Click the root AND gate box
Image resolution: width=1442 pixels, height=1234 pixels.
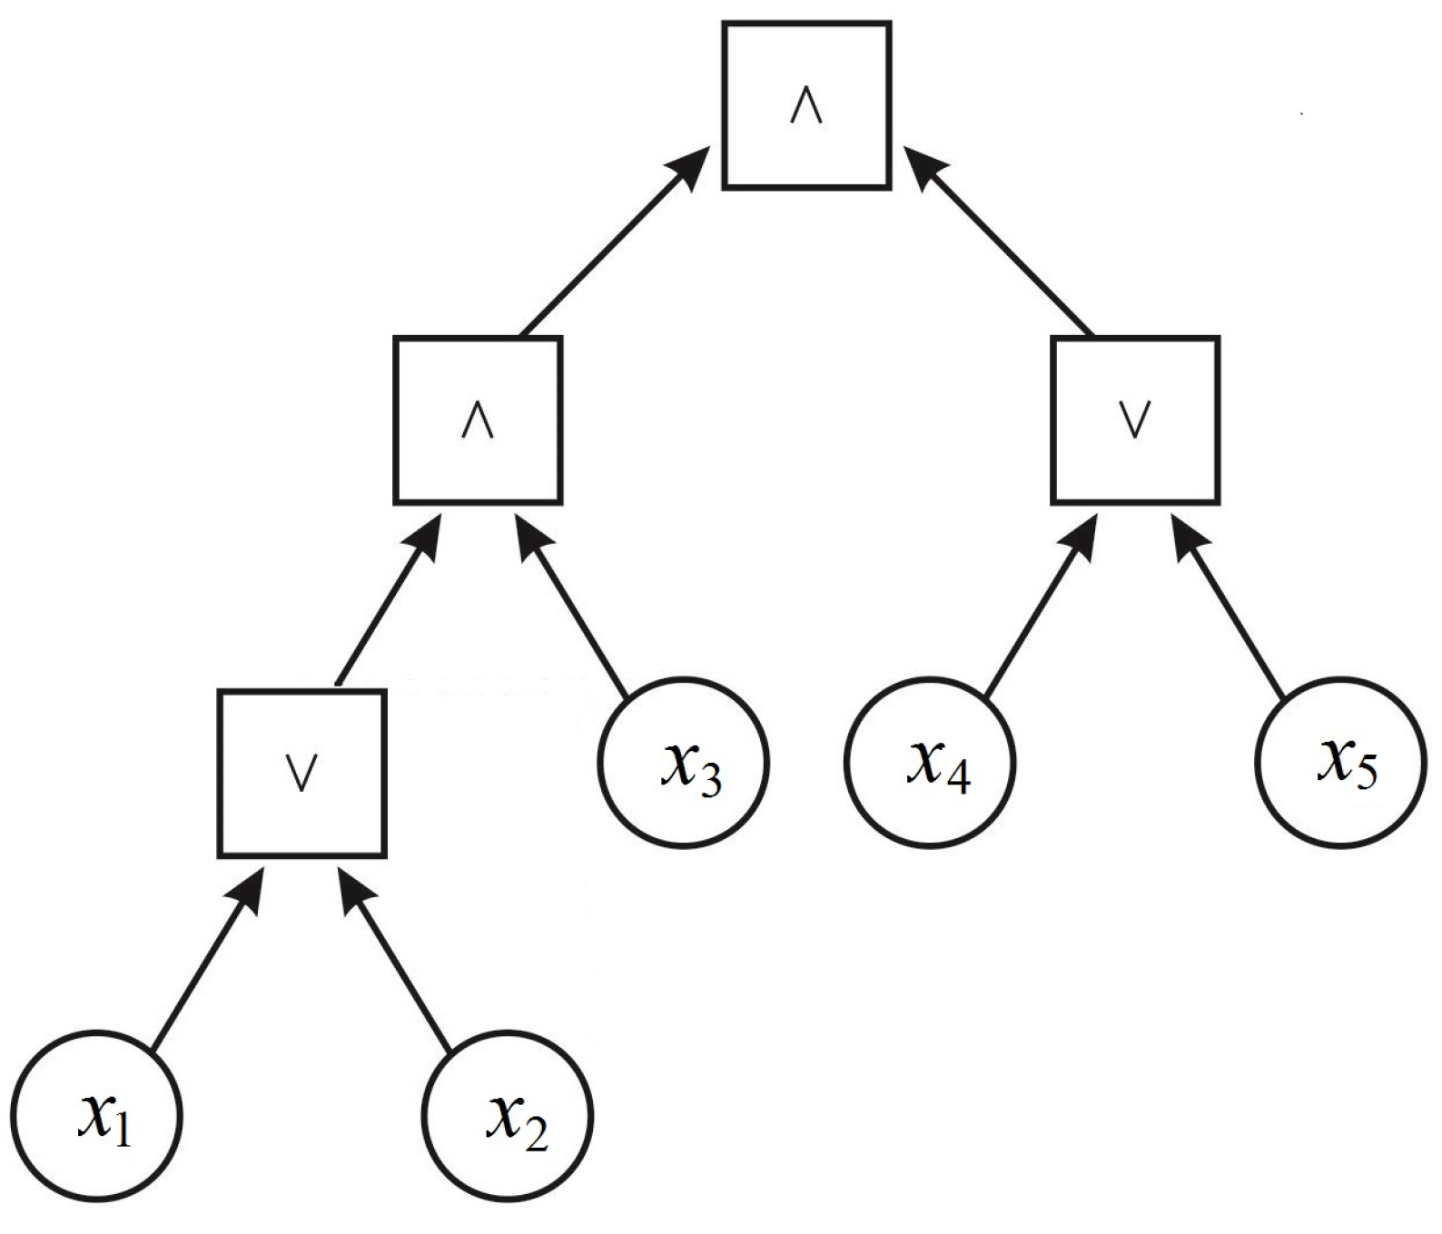point(806,106)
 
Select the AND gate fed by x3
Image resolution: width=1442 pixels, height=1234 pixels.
point(478,420)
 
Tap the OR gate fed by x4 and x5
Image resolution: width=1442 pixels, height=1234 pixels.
point(1135,420)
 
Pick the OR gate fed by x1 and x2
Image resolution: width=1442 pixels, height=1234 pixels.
point(302,774)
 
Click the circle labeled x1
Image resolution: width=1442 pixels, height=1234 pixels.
point(97,1115)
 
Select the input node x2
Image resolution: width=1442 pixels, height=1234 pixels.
point(508,1115)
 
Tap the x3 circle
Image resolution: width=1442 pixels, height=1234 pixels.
point(684,762)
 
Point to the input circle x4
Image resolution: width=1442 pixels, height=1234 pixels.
point(930,762)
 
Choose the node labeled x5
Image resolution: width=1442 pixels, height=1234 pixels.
point(1341,762)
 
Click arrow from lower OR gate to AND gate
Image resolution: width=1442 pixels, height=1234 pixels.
point(386,604)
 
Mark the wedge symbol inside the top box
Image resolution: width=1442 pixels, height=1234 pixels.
point(806,107)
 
